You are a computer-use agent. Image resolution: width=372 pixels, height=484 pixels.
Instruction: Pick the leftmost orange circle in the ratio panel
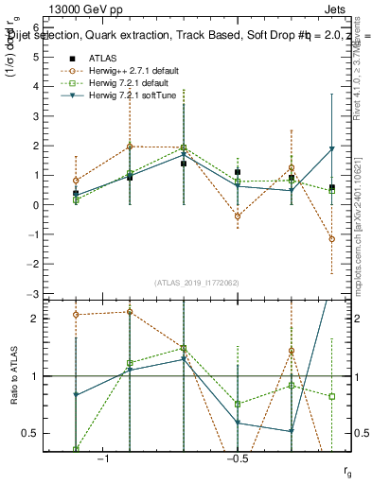point(76,315)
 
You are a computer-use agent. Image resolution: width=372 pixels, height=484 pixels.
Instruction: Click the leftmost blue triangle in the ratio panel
point(76,395)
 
